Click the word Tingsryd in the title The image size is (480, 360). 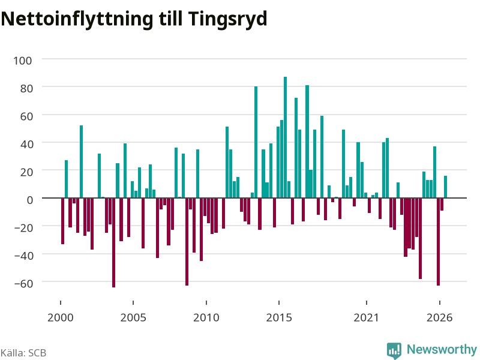(x=227, y=19)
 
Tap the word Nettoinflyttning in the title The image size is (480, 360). (x=77, y=19)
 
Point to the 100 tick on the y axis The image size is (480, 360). (x=22, y=61)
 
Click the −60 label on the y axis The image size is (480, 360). (x=23, y=283)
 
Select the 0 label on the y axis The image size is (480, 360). (x=29, y=200)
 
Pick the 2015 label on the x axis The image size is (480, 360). (x=279, y=317)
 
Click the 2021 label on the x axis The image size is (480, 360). (x=366, y=317)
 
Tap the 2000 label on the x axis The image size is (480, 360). (x=61, y=317)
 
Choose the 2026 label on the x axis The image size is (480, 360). (x=439, y=317)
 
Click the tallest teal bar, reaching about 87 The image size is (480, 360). (x=286, y=137)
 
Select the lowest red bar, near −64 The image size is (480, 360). (x=113, y=242)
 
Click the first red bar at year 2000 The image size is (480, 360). (x=63, y=221)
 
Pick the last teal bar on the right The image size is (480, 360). (x=445, y=187)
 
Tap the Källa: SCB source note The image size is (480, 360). (x=23, y=353)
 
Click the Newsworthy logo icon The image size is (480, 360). (x=394, y=350)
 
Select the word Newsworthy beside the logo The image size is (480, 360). (x=442, y=349)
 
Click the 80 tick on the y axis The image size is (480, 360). (x=26, y=88)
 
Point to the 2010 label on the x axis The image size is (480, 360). (x=206, y=317)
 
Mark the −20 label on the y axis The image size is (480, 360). (x=23, y=228)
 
